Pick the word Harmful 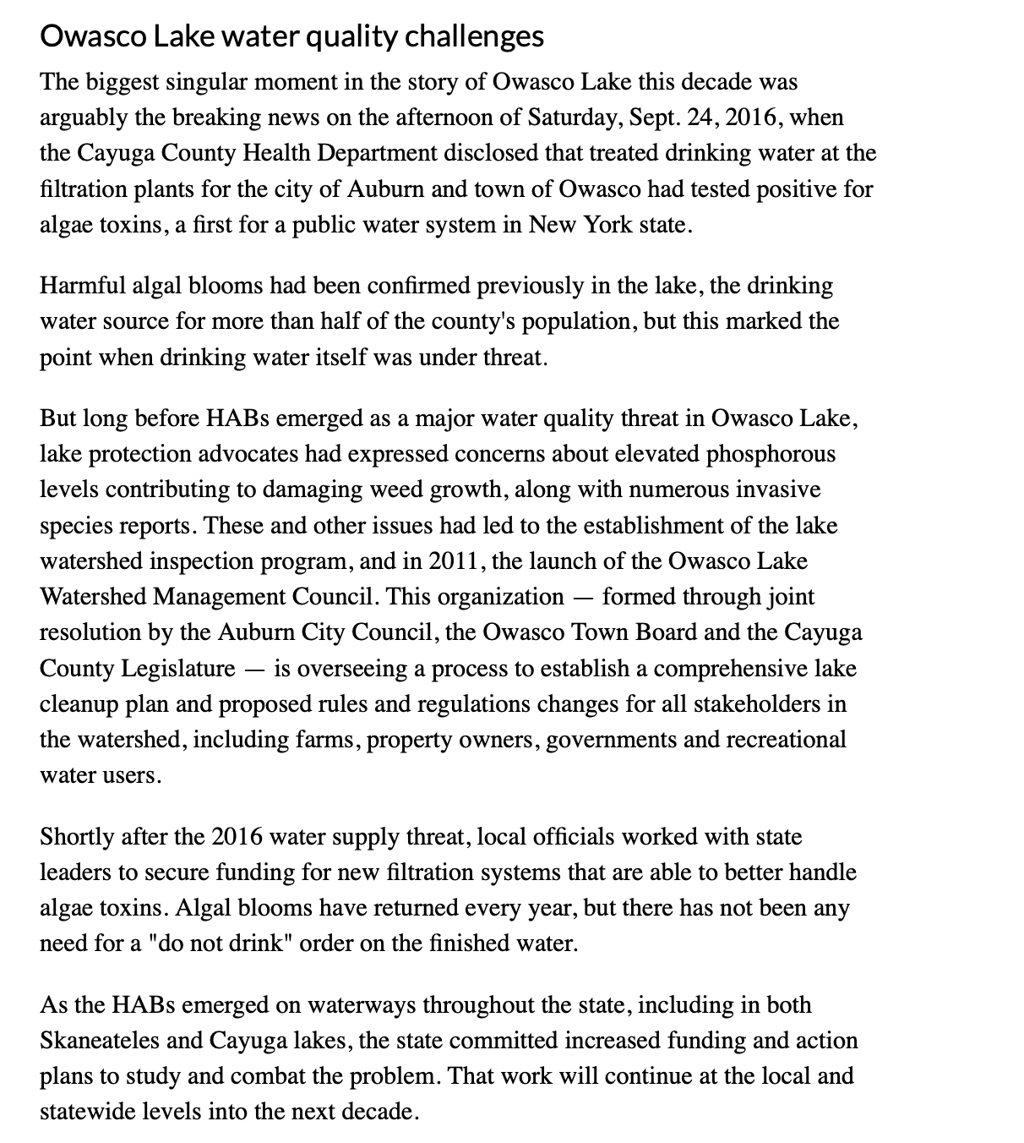click(82, 286)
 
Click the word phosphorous click(771, 454)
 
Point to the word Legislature click(179, 669)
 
